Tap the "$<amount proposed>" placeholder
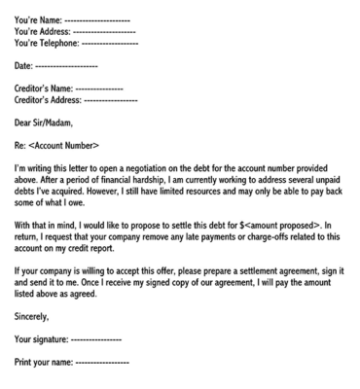[x=279, y=222]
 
